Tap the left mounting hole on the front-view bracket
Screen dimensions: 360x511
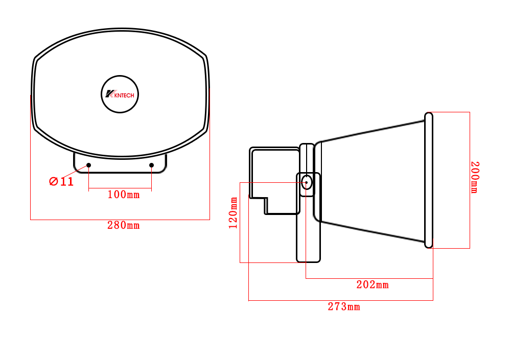pos(89,165)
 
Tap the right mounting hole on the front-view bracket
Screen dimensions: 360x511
pos(152,165)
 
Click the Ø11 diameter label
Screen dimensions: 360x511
pos(61,181)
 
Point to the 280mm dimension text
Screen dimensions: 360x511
pos(123,225)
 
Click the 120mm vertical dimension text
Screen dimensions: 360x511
pos(234,213)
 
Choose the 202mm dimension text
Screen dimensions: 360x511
pos(373,285)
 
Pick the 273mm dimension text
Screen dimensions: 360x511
pos(344,307)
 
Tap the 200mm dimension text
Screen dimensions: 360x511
pos(475,177)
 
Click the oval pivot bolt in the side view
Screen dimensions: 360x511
pos(307,182)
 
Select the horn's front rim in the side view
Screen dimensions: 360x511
pos(429,180)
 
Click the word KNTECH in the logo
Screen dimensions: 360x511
pos(125,95)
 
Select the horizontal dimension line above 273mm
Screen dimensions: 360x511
pos(341,300)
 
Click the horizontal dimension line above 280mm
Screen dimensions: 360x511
pos(120,220)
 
